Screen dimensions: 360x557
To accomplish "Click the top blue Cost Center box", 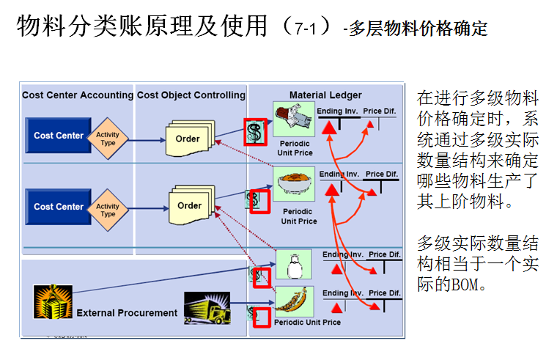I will [58, 136].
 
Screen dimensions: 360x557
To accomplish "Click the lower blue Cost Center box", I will [58, 207].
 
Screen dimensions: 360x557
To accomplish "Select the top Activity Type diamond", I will [108, 138].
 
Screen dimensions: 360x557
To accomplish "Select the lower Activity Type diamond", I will [108, 210].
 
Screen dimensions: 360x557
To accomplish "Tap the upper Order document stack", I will [188, 139].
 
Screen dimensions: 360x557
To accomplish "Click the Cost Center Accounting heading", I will [78, 95].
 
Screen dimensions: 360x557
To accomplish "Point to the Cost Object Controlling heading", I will [191, 95].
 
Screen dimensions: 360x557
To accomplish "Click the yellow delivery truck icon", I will [207, 308].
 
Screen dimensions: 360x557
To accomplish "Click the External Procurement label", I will [127, 313].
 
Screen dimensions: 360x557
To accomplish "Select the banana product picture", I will [294, 301].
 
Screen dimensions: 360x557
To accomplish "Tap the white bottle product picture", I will [294, 264].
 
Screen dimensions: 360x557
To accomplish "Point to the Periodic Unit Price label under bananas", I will [307, 322].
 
